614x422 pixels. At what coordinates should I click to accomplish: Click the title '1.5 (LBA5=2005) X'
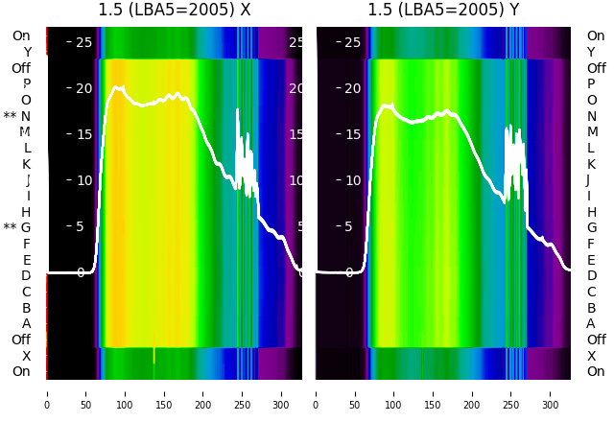tap(175, 11)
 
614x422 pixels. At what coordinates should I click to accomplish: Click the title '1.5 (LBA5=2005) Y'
tap(444, 11)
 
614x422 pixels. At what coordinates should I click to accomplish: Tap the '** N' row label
tap(17, 116)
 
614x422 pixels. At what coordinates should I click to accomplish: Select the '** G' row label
tap(17, 227)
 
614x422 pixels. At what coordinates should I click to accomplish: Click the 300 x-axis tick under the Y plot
tap(552, 392)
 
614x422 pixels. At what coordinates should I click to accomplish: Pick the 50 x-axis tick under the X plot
tap(85, 392)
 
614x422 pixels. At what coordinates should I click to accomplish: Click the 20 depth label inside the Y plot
tap(352, 88)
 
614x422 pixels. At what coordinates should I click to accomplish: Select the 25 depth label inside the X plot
tap(83, 42)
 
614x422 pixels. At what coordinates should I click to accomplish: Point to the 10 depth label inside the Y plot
tap(352, 180)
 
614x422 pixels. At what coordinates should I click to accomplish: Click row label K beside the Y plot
tap(591, 164)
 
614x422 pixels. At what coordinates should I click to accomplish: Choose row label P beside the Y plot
tap(591, 83)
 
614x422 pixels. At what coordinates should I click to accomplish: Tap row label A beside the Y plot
tap(591, 323)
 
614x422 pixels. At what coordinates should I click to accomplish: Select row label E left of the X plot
tap(27, 260)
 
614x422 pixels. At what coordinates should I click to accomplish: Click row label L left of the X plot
tap(27, 148)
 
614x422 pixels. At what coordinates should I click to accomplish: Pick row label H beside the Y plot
tap(591, 212)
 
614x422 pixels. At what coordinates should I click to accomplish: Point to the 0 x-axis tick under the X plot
tap(46, 392)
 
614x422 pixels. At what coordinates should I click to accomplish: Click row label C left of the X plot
tap(27, 292)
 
